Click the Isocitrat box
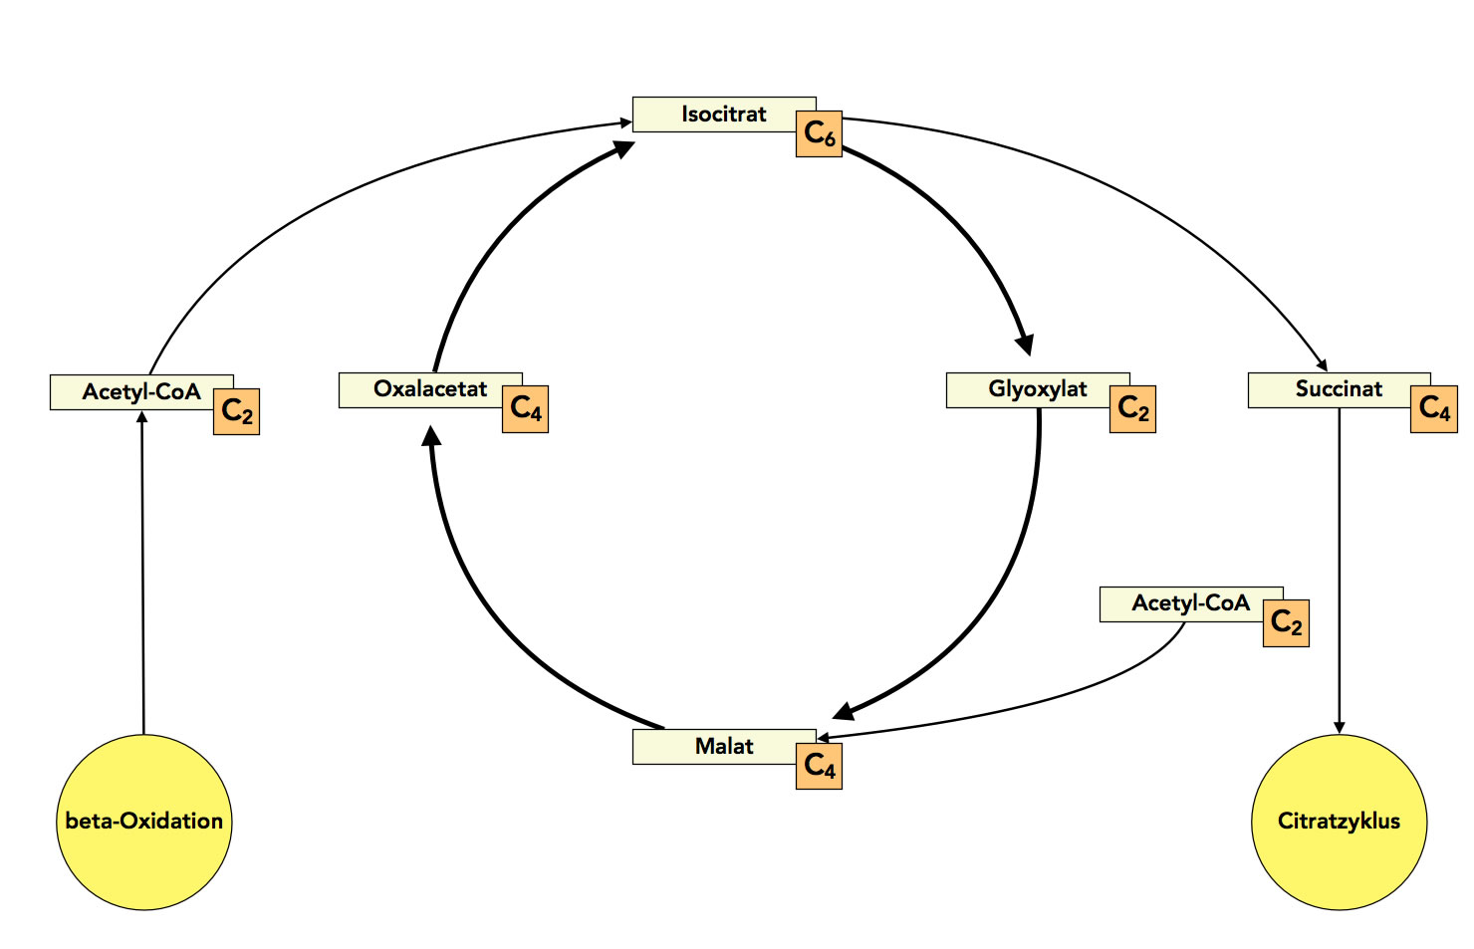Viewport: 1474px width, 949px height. pyautogui.click(x=724, y=115)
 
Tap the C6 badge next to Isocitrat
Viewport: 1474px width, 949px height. pyautogui.click(x=819, y=134)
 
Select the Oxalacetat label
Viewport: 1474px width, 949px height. pyautogui.click(x=430, y=389)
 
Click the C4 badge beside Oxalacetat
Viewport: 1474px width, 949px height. pyautogui.click(x=525, y=409)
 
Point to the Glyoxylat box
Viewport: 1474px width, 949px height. pyautogui.click(x=1037, y=389)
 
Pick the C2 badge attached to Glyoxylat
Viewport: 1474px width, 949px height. pyautogui.click(x=1132, y=409)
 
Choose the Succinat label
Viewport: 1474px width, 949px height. pyautogui.click(x=1339, y=389)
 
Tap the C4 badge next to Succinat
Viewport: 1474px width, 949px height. pyautogui.click(x=1434, y=409)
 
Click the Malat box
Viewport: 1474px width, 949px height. pyautogui.click(x=724, y=747)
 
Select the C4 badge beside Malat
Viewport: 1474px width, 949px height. pyautogui.click(x=819, y=766)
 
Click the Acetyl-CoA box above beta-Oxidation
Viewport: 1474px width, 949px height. pyautogui.click(x=141, y=392)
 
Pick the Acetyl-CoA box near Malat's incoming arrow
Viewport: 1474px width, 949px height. pyautogui.click(x=1190, y=603)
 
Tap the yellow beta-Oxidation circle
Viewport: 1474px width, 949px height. pyautogui.click(x=144, y=822)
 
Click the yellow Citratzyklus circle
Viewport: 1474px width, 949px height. pyautogui.click(x=1339, y=822)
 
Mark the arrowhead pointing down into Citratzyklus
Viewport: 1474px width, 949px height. pyautogui.click(x=1340, y=727)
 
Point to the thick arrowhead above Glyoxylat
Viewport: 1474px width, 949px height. pyautogui.click(x=1023, y=345)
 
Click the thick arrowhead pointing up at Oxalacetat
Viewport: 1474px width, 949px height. pyautogui.click(x=431, y=436)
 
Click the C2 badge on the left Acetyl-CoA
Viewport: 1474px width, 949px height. pyautogui.click(x=236, y=412)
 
